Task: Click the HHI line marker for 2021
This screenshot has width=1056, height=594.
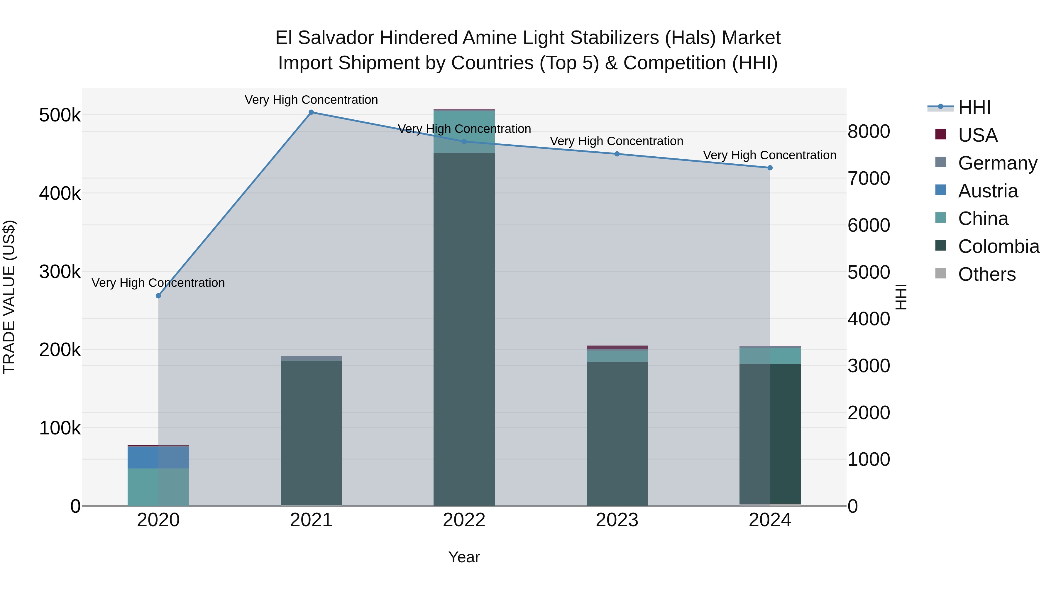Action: pyautogui.click(x=311, y=112)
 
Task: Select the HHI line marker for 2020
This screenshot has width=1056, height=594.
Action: pyautogui.click(x=158, y=296)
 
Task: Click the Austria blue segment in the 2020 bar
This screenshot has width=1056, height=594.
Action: pyautogui.click(x=158, y=458)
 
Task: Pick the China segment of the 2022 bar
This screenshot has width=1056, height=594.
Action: pyautogui.click(x=464, y=132)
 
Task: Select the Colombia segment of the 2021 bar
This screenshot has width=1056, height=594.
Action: pyautogui.click(x=311, y=432)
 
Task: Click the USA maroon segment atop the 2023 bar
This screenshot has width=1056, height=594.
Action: pyautogui.click(x=617, y=347)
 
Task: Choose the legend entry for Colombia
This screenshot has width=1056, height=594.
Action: pyautogui.click(x=998, y=246)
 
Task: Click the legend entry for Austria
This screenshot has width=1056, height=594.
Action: pyautogui.click(x=988, y=191)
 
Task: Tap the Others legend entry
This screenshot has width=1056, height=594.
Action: pyautogui.click(x=986, y=274)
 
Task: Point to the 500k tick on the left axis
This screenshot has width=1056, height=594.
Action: pyautogui.click(x=60, y=115)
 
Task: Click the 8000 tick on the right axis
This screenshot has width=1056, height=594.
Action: pyautogui.click(x=869, y=132)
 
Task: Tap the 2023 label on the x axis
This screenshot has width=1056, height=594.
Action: pyautogui.click(x=617, y=520)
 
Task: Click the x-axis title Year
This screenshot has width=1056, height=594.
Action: pyautogui.click(x=464, y=557)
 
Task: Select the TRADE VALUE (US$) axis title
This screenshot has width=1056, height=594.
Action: pyautogui.click(x=9, y=297)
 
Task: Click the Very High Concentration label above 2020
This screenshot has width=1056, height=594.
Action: pyautogui.click(x=158, y=283)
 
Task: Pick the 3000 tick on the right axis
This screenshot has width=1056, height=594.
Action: pyautogui.click(x=869, y=366)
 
